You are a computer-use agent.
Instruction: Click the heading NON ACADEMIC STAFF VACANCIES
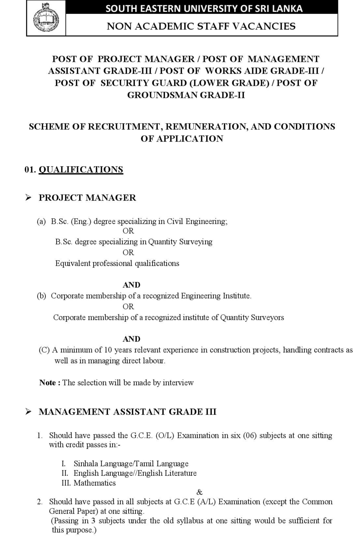click(x=201, y=26)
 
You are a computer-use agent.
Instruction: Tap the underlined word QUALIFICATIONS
click(x=81, y=169)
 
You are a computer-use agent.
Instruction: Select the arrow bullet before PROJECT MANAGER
click(x=29, y=198)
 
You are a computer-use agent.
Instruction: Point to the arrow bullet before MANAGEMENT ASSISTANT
click(x=29, y=412)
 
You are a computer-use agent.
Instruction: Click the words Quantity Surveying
click(x=180, y=242)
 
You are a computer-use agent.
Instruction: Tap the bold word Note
click(x=47, y=383)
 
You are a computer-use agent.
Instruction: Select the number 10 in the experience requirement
click(x=108, y=350)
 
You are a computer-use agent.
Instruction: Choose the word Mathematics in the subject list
click(x=95, y=483)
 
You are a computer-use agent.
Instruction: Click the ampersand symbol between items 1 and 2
click(x=199, y=492)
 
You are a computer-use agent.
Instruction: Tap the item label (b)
click(x=42, y=296)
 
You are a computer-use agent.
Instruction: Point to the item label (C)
click(x=44, y=350)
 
